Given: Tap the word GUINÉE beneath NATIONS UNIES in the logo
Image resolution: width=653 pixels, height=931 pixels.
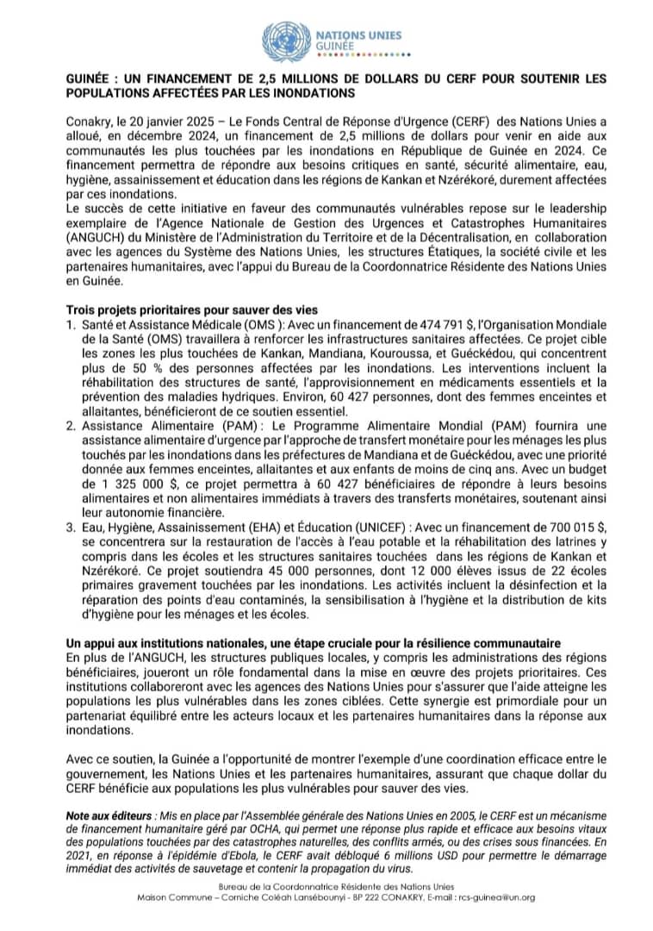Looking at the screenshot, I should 332,45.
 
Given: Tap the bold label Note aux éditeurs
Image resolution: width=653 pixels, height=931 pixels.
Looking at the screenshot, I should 109,815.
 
